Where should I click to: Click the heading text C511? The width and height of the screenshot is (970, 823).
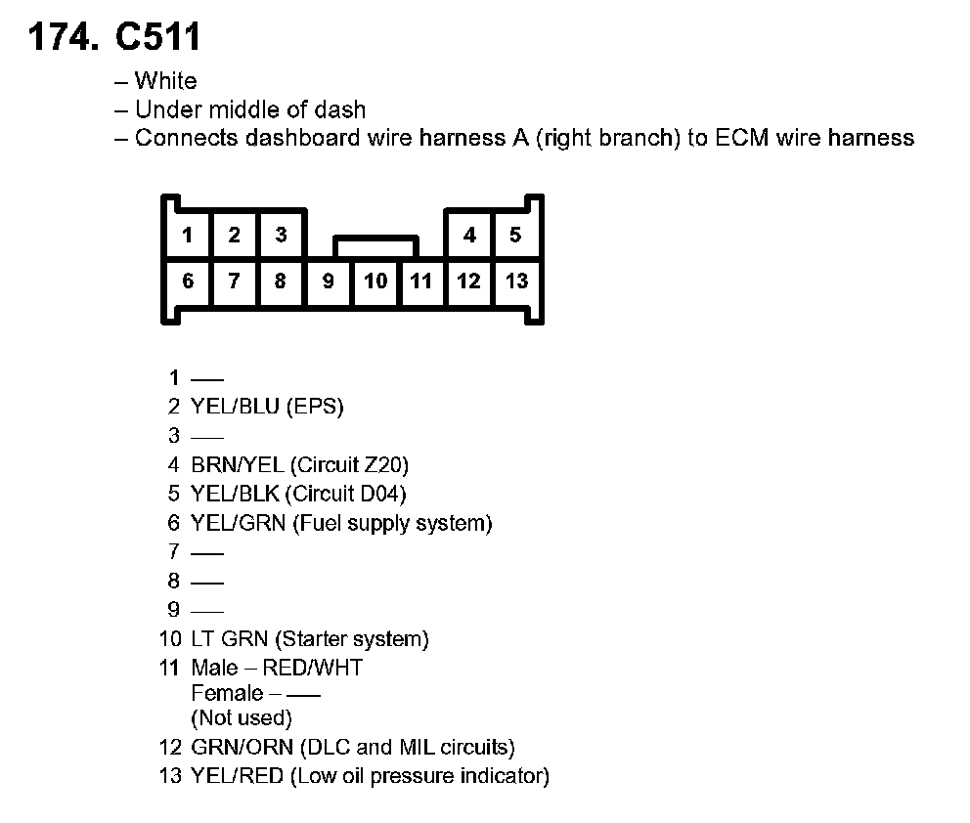coord(158,37)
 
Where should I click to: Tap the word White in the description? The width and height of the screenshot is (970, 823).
coord(165,81)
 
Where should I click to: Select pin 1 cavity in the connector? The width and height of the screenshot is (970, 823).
coord(187,235)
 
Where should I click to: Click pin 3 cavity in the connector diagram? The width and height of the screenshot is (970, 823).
coord(281,235)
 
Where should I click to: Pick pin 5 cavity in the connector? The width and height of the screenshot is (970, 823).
coord(515,235)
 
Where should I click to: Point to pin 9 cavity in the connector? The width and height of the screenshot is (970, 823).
coord(329,282)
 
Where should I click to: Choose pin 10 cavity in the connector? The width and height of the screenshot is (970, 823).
coord(375,282)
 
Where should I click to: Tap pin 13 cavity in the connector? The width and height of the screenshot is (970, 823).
coord(516,282)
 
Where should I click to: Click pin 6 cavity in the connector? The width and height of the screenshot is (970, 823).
coord(188,282)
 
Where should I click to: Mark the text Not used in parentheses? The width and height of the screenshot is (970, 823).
coord(242,718)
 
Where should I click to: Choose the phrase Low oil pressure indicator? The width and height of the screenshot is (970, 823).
coord(420,777)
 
